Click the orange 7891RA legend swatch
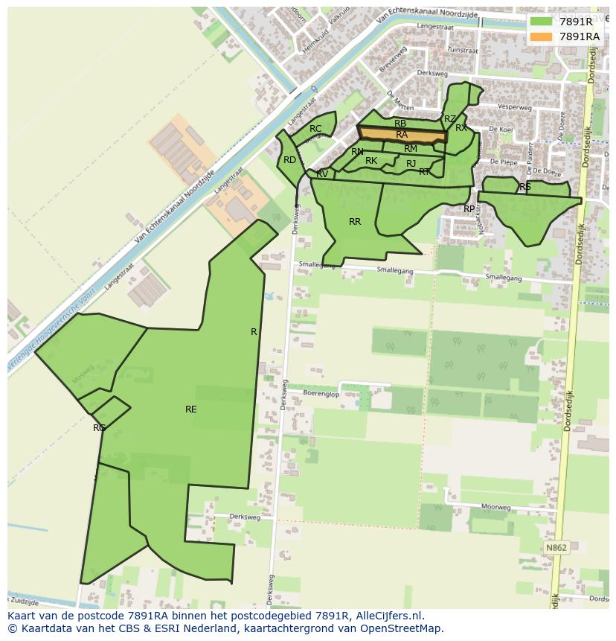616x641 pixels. (541, 36)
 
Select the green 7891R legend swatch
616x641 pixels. (541, 22)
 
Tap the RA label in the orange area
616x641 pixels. (402, 135)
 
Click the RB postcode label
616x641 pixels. (400, 124)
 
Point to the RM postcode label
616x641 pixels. (411, 149)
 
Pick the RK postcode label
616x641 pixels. (371, 161)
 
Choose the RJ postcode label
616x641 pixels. (411, 164)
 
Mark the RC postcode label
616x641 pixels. (315, 129)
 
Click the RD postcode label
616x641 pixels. (289, 160)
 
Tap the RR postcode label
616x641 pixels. (355, 222)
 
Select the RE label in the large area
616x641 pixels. (191, 409)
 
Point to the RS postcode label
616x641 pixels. (525, 187)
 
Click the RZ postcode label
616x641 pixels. (449, 119)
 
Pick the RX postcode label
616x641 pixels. (461, 128)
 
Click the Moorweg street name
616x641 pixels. (495, 506)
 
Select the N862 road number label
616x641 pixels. (556, 548)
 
